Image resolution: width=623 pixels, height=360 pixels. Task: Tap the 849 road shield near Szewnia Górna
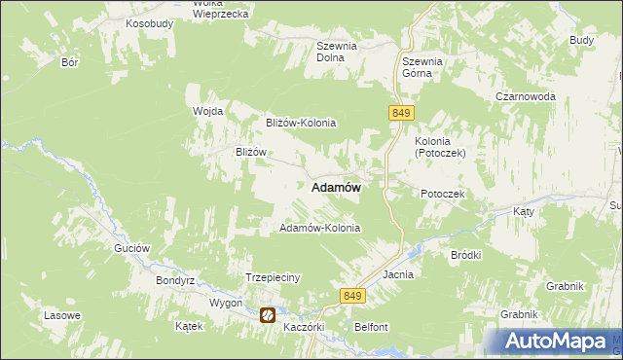pyautogui.click(x=400, y=114)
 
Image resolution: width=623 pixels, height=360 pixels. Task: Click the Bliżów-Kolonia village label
pyautogui.click(x=301, y=124)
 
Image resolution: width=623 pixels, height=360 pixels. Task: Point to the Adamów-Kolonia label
pyautogui.click(x=319, y=229)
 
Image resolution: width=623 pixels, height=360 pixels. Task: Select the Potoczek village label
pyautogui.click(x=443, y=195)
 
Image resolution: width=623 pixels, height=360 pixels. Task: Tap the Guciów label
pyautogui.click(x=131, y=248)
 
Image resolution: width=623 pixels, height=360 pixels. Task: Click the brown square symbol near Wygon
pyautogui.click(x=267, y=315)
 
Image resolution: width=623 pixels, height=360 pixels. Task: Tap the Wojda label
pyautogui.click(x=208, y=111)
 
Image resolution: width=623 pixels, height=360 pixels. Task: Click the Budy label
pyautogui.click(x=581, y=40)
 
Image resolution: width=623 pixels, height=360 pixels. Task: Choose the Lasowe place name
pyautogui.click(x=61, y=316)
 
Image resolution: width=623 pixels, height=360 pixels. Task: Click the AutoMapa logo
pyautogui.click(x=552, y=342)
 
